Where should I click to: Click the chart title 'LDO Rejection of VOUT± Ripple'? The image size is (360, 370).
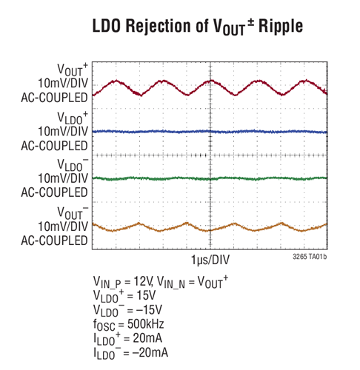180,27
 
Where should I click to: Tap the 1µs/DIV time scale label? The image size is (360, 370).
210,262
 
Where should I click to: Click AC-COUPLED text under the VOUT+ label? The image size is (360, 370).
55,96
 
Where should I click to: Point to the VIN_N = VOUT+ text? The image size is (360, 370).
193,280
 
